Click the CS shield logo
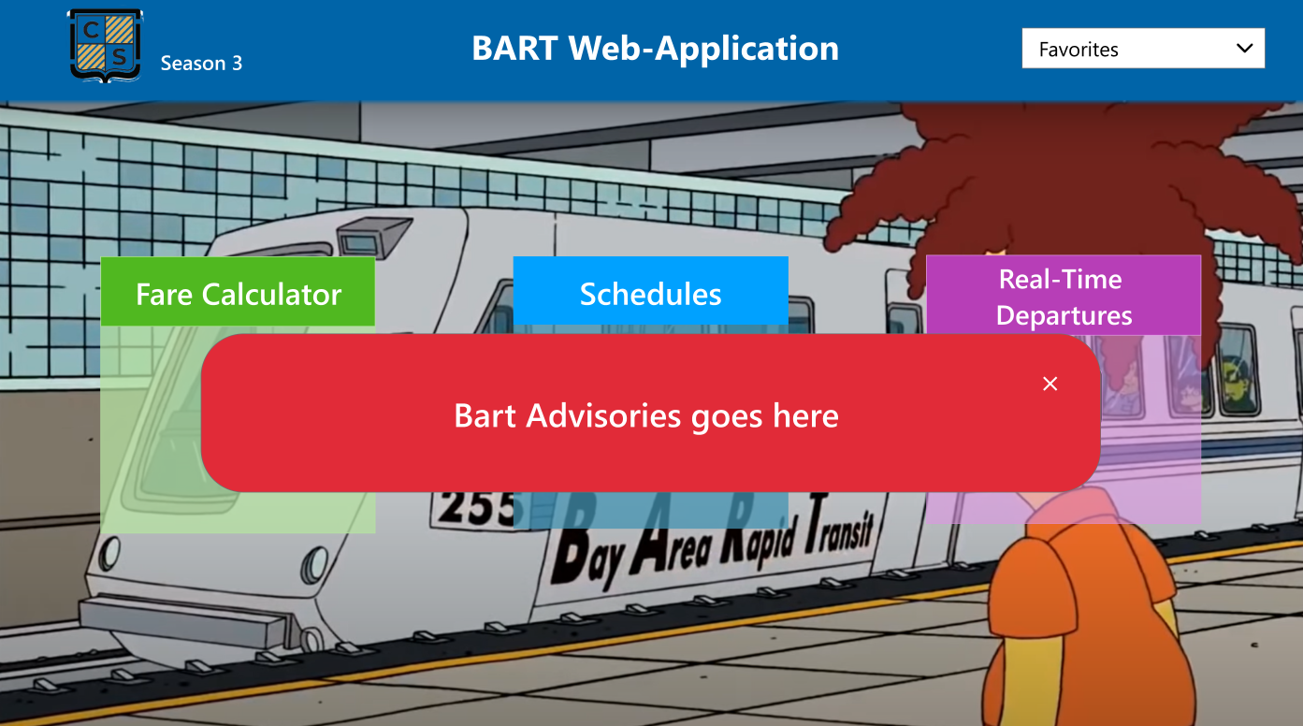point(105,46)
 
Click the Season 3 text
point(201,64)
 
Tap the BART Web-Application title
point(655,48)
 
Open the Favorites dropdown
point(1142,49)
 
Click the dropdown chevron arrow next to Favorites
point(1244,49)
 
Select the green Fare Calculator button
point(238,294)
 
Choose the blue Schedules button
point(650,294)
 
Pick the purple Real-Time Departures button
point(1064,297)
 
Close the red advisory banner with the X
point(1050,384)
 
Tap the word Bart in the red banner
point(485,415)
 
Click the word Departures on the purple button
point(1064,315)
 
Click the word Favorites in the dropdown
point(1079,50)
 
